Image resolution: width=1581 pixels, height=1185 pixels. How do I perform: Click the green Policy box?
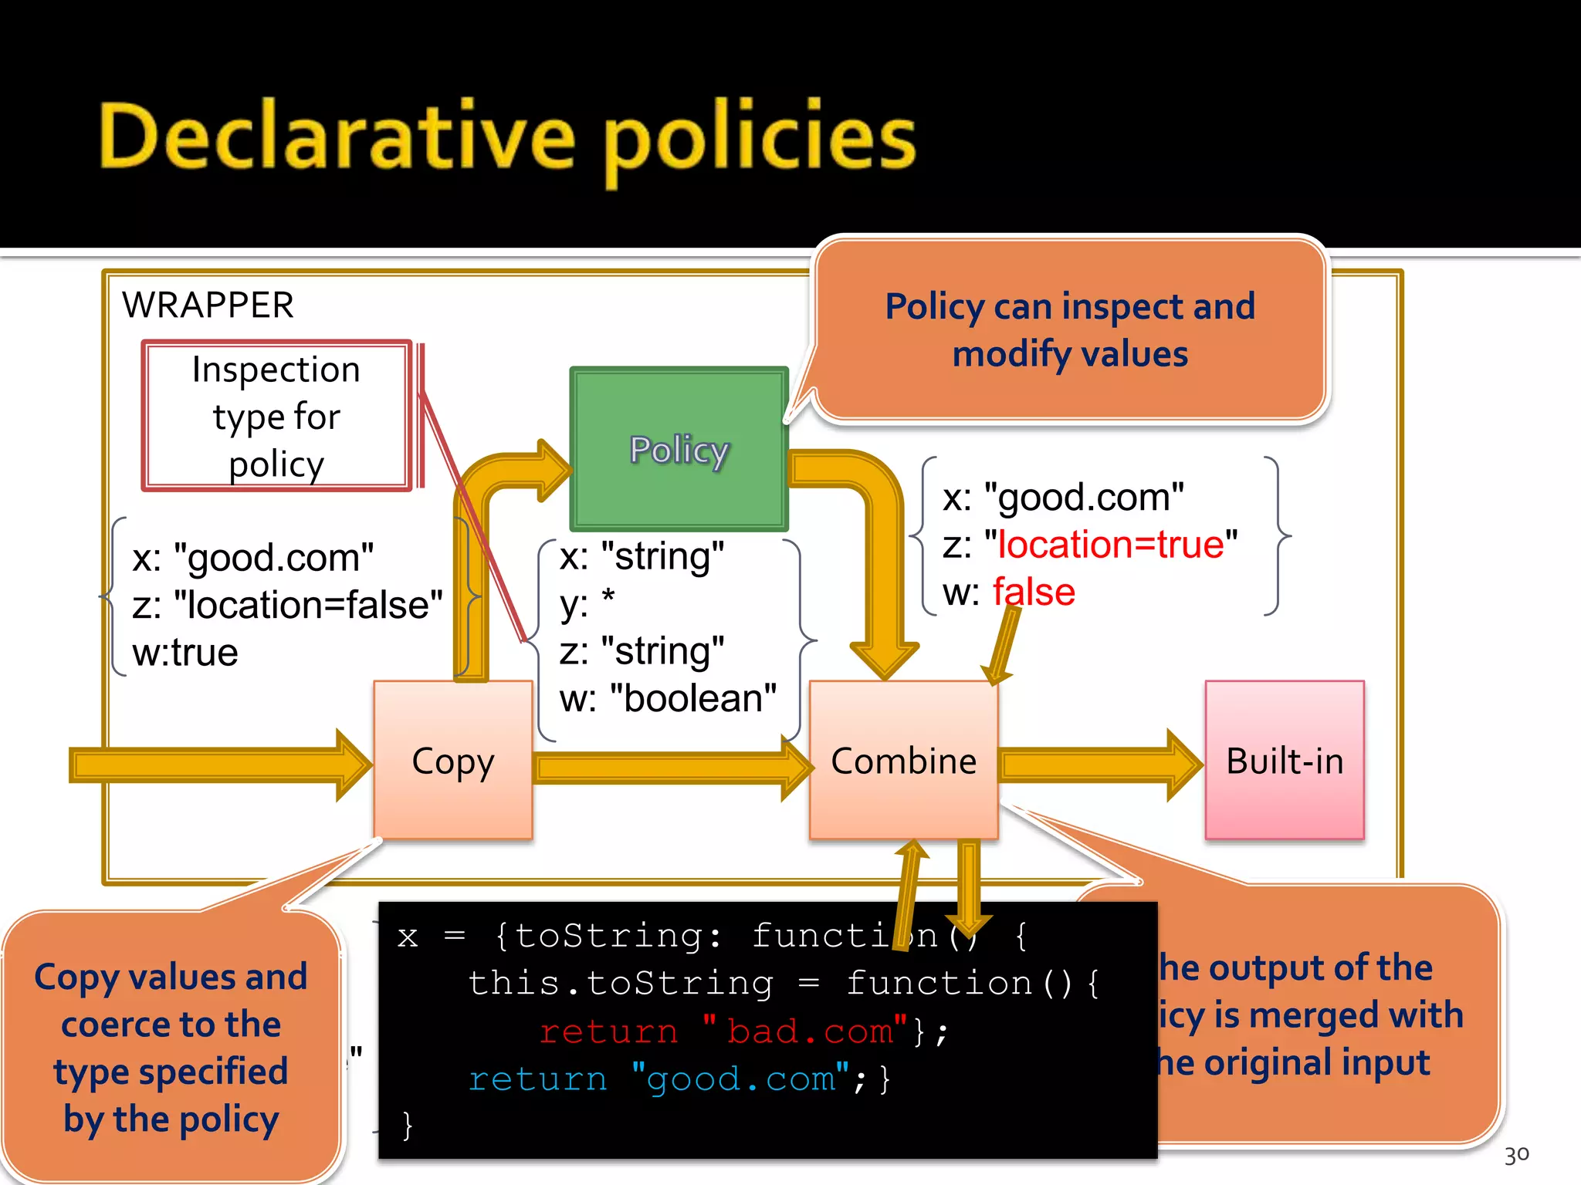[679, 449]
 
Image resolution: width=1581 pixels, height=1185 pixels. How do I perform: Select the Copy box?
[453, 761]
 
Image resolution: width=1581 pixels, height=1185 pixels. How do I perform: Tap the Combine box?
[903, 761]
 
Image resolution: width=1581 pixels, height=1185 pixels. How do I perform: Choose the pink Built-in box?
[1285, 761]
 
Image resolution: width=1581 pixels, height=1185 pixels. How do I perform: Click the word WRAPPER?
[208, 306]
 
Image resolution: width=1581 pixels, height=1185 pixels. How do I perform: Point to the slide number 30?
[1516, 1155]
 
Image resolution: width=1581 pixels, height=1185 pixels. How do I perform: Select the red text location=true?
[1111, 545]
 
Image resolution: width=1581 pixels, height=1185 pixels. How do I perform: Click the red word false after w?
[1034, 592]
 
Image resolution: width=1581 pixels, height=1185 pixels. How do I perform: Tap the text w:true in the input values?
[185, 653]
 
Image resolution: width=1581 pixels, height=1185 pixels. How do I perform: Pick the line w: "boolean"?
[668, 698]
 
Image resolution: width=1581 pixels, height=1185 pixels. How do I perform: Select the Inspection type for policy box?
[276, 417]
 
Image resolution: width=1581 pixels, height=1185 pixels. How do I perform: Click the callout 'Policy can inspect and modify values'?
[1070, 330]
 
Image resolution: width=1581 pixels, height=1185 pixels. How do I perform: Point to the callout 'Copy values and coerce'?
[171, 1047]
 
